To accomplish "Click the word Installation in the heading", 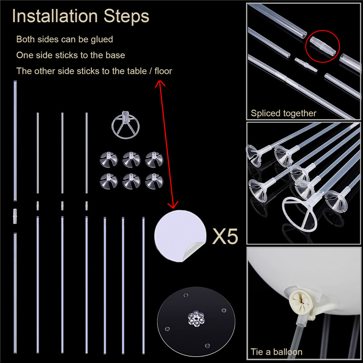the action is [55, 16].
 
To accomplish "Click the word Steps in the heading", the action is [126, 17].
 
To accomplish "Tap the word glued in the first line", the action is [102, 40].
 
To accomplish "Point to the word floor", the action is [163, 71].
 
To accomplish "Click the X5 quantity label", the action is [225, 236].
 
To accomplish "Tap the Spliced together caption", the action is [284, 113].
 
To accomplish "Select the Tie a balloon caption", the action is [277, 352].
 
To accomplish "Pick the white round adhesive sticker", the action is [180, 235].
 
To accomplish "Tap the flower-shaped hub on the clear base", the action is [196, 319].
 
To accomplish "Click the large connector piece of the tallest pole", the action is [15, 216].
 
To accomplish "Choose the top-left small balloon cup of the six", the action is [109, 159].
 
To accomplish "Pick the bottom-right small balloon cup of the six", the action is [154, 181].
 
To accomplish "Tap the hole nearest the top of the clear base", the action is [186, 295].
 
